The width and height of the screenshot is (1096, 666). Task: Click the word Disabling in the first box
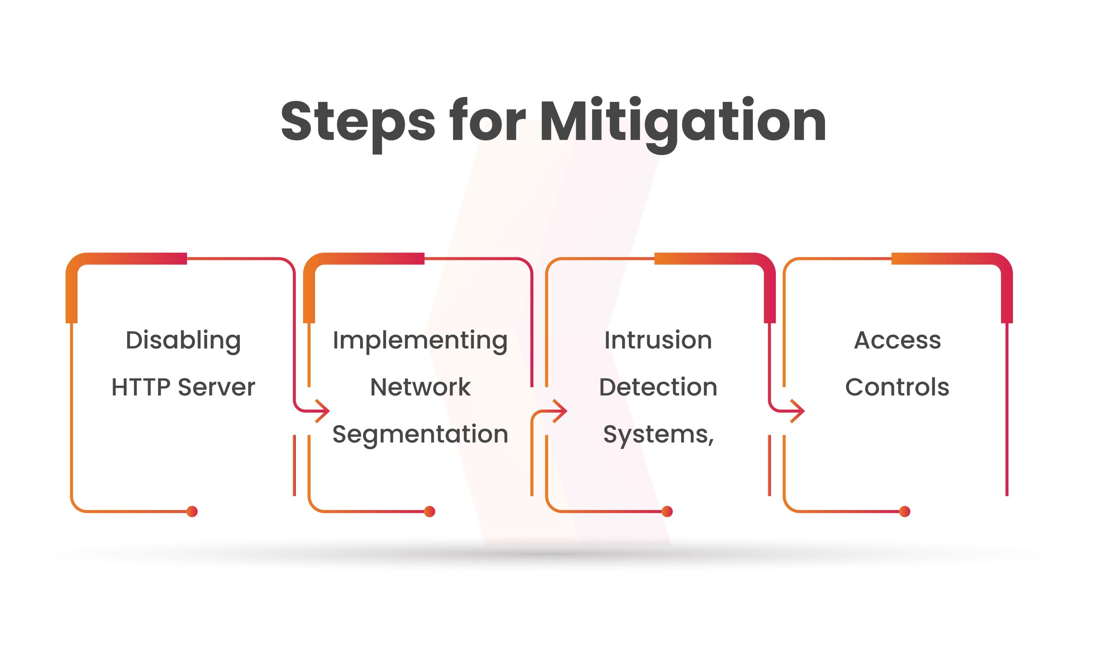click(183, 341)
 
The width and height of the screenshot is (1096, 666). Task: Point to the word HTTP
click(141, 387)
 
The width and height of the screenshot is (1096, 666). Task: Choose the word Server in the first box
click(217, 387)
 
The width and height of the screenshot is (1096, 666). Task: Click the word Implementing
click(420, 341)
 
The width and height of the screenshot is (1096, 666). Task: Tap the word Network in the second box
click(420, 387)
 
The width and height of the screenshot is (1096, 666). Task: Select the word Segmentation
click(420, 435)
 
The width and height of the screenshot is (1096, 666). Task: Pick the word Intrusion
click(658, 340)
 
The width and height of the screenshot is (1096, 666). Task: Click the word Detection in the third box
click(658, 387)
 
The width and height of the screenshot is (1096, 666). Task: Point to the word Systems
click(657, 435)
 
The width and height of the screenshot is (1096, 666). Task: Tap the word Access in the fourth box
click(898, 341)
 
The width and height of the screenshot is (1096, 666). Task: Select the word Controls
click(897, 387)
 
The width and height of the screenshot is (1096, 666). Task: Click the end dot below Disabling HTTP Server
click(192, 512)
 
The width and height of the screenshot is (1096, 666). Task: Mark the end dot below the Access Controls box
click(905, 512)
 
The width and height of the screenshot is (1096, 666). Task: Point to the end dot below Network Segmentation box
click(430, 512)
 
